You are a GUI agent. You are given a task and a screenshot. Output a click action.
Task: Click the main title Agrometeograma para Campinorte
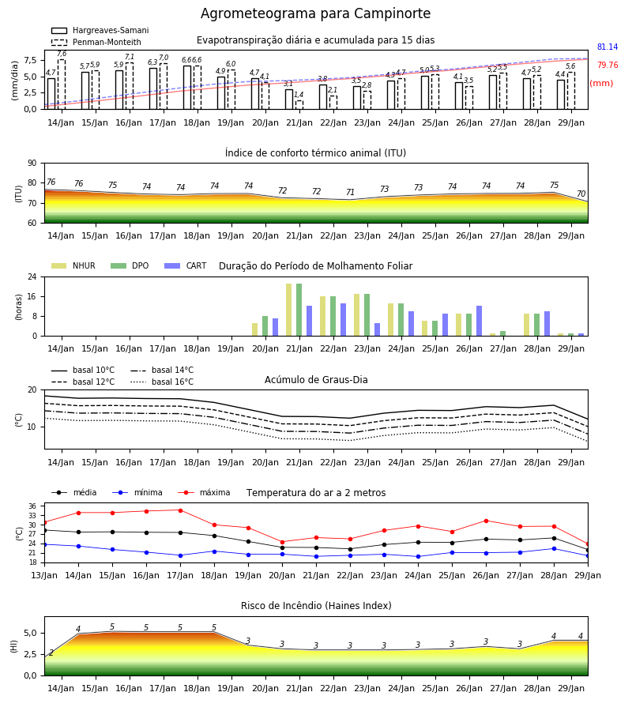[x=315, y=13]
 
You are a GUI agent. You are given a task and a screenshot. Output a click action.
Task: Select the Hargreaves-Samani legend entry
[x=100, y=30]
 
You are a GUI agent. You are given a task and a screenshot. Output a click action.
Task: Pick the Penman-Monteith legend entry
[x=96, y=42]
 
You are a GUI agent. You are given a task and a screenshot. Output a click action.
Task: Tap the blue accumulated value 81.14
[x=608, y=47]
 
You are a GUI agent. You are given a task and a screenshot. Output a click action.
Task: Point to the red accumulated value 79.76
[x=608, y=66]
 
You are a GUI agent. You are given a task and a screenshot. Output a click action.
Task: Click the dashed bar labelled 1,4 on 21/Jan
[x=299, y=105]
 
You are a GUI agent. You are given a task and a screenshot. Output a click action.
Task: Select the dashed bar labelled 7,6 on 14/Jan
[x=62, y=85]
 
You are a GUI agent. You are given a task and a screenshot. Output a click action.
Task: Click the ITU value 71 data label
[x=350, y=192]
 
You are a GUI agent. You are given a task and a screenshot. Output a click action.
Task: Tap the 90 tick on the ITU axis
[x=32, y=164]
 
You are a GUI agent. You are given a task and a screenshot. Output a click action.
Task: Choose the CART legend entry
[x=186, y=265]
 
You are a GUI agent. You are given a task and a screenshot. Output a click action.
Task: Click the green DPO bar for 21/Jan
[x=299, y=310]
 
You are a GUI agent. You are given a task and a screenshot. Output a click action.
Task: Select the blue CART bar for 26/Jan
[x=480, y=321]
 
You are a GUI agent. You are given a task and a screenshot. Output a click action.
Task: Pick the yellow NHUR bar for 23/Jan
[x=357, y=315]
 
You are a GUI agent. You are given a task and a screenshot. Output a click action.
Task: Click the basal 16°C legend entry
[x=162, y=382]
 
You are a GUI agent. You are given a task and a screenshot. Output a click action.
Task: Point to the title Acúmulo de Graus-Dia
[x=316, y=379]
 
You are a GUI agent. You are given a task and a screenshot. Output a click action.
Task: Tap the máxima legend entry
[x=204, y=492]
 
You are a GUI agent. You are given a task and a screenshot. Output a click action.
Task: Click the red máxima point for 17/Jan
[x=180, y=510]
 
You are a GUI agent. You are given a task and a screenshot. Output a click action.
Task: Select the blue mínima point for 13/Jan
[x=44, y=544]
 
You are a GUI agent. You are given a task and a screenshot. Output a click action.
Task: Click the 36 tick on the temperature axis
[x=32, y=506]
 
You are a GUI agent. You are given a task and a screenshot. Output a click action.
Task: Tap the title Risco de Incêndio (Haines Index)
[x=316, y=606]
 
